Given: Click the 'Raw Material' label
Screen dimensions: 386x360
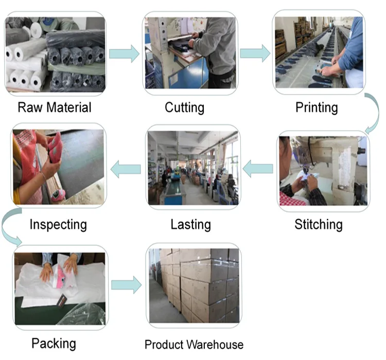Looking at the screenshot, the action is (54, 107).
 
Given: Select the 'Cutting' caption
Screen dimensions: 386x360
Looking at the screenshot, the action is (184, 107).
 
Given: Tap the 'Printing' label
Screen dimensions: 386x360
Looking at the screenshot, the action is (317, 107).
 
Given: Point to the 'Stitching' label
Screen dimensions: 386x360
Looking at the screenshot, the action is (318, 224).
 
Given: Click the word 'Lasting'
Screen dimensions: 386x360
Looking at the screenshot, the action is (190, 224).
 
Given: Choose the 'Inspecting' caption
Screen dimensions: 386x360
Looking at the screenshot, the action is (58, 224).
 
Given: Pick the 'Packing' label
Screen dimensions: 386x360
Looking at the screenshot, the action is (54, 343).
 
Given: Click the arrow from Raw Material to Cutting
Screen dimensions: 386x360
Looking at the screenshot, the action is (124, 53).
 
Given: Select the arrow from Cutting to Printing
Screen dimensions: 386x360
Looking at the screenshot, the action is (255, 53).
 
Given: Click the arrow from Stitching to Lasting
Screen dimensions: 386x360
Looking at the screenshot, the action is (258, 169).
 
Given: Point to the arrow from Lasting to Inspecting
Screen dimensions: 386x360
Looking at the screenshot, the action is (126, 169).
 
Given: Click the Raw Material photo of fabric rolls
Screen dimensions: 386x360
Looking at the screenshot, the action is (55, 54).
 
